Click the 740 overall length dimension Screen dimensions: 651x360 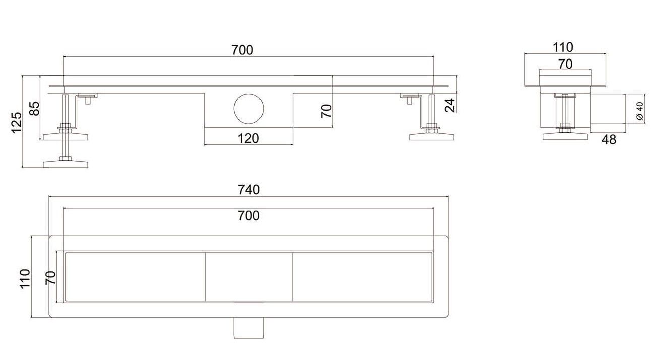point(249,190)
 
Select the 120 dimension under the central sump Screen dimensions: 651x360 point(248,138)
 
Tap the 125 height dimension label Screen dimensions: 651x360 point(17,123)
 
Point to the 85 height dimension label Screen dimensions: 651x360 point(35,109)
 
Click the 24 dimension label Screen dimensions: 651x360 point(450,105)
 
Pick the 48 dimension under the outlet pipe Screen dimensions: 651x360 point(609,140)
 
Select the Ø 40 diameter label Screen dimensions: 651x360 point(640,111)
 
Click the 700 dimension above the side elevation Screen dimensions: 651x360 point(242,50)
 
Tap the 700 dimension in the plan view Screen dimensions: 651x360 point(249,216)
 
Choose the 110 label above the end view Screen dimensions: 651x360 point(563,47)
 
